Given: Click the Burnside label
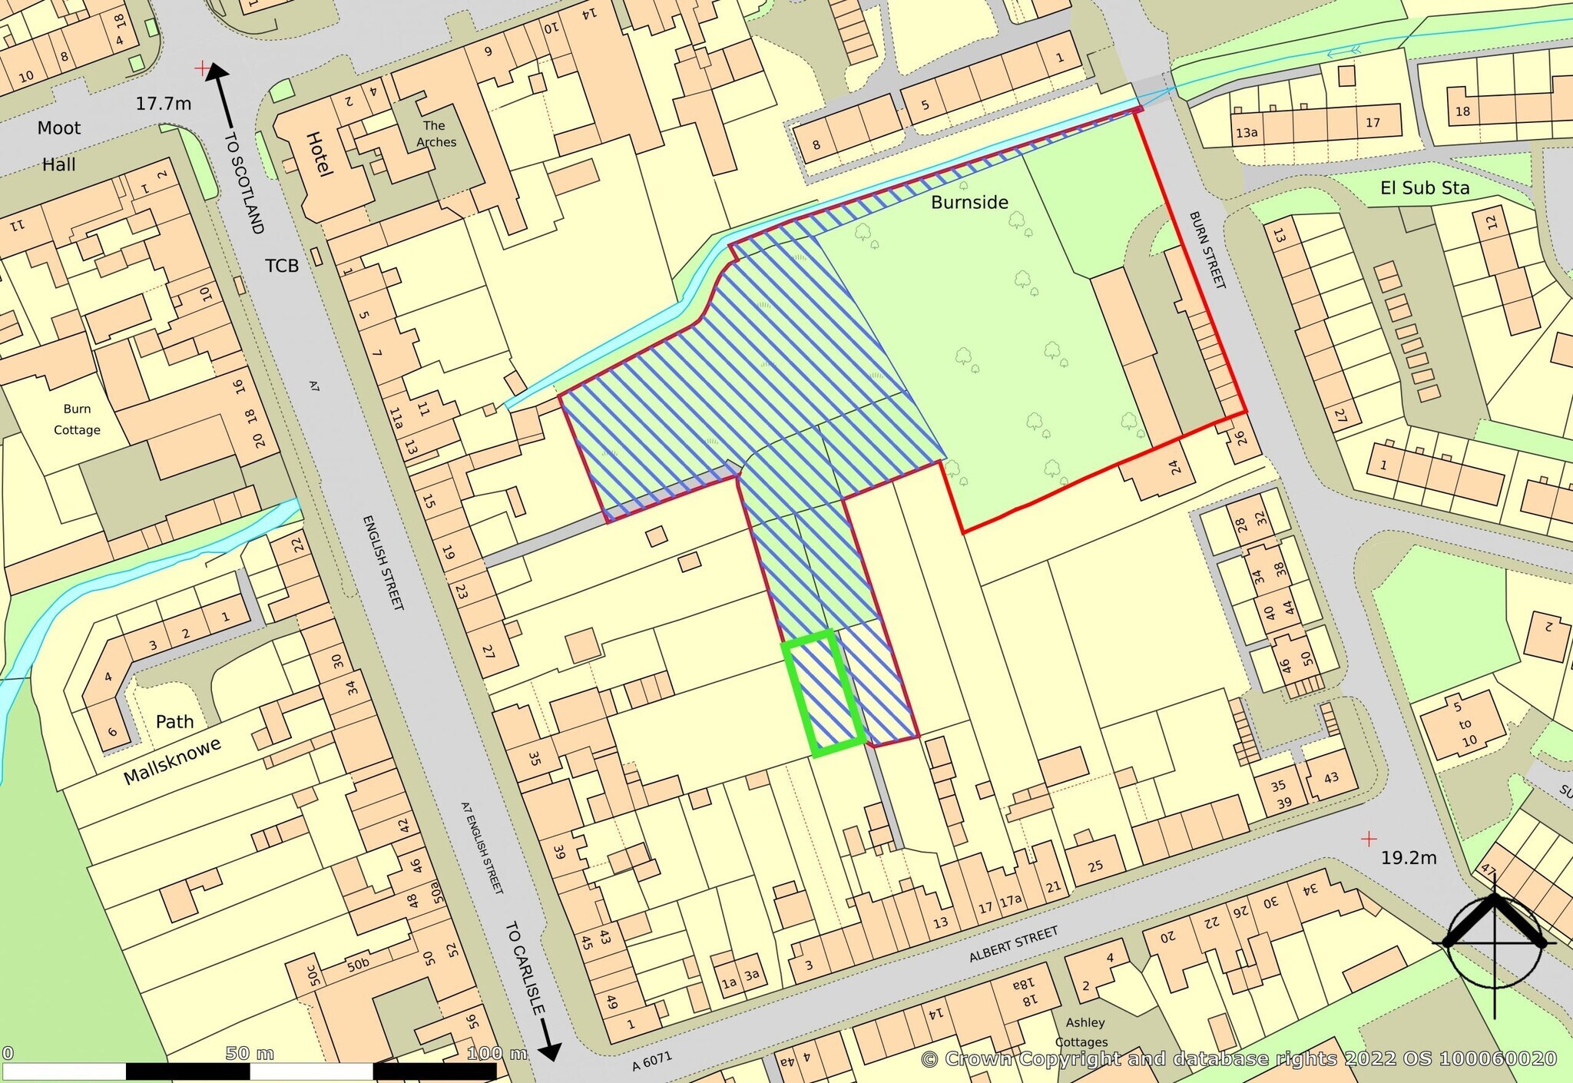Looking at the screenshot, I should (x=969, y=202).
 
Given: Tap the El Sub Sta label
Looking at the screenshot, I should (x=1425, y=188).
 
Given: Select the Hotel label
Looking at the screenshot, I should (x=320, y=154).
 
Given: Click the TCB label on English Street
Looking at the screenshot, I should (x=282, y=266).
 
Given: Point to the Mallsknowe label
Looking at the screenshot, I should (x=172, y=761).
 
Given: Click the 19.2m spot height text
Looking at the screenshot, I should (x=1409, y=858).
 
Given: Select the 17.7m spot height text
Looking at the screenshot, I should (x=164, y=104).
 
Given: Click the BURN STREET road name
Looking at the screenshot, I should (x=1207, y=250).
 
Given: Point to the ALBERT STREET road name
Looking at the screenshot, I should (x=1013, y=944).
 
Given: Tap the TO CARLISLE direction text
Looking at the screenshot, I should (x=525, y=968).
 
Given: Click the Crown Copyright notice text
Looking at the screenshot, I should (x=1238, y=1059).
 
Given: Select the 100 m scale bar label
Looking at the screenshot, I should (x=497, y=1053).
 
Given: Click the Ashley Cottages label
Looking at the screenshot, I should (x=1084, y=1032).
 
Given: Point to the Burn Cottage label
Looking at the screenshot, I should (x=77, y=419).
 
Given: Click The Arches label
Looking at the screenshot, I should (x=435, y=134).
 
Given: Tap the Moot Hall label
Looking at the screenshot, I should (x=59, y=146).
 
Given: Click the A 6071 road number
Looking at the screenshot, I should (x=652, y=1061).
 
